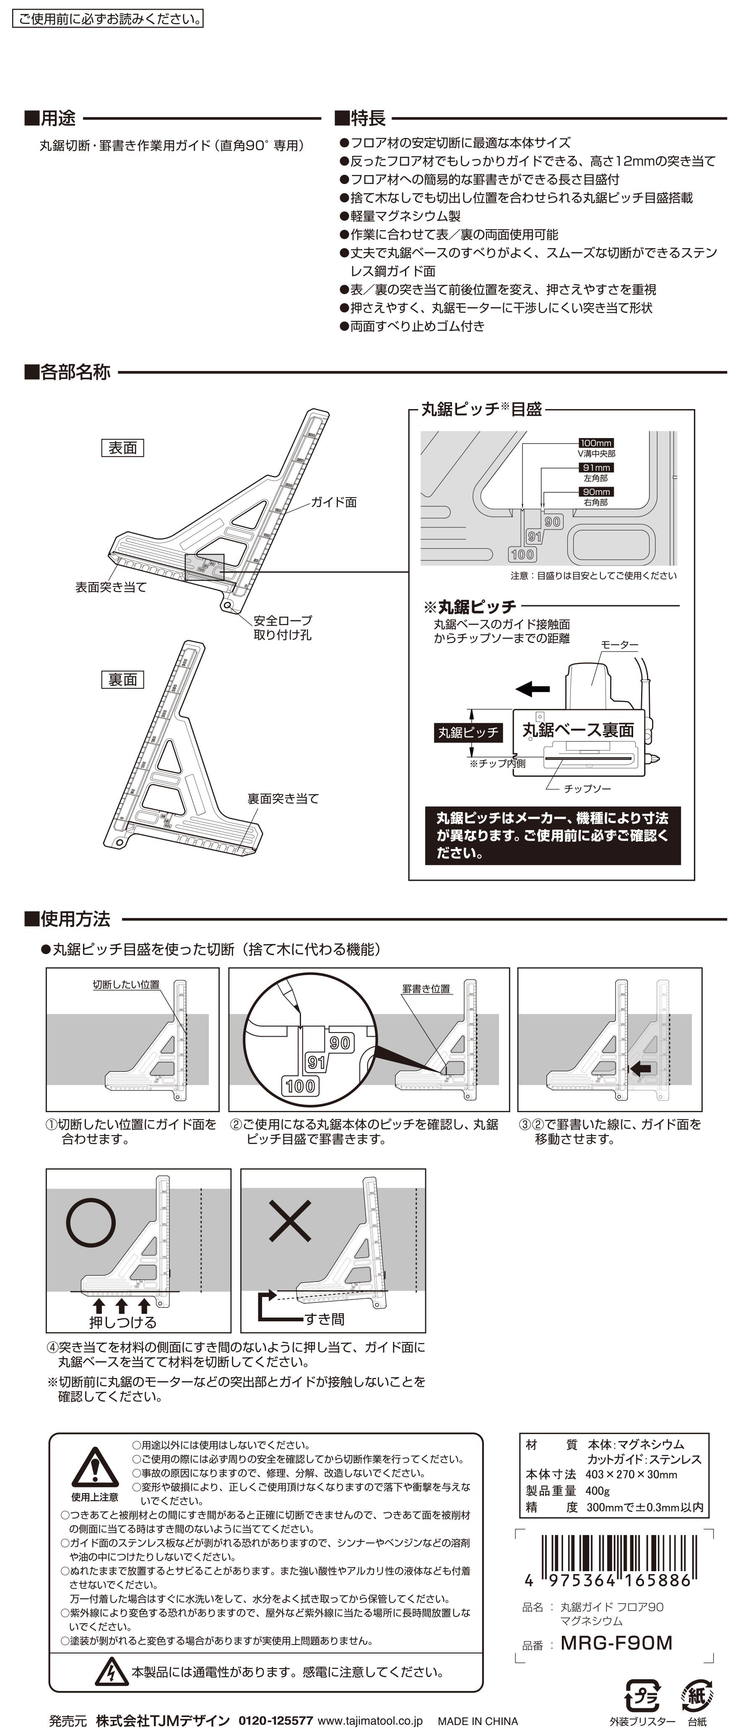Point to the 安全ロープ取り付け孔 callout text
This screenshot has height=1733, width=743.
click(283, 627)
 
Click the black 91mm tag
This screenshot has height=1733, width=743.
click(595, 467)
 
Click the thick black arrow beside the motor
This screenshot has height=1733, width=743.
click(533, 689)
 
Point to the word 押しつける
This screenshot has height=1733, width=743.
click(122, 1322)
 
